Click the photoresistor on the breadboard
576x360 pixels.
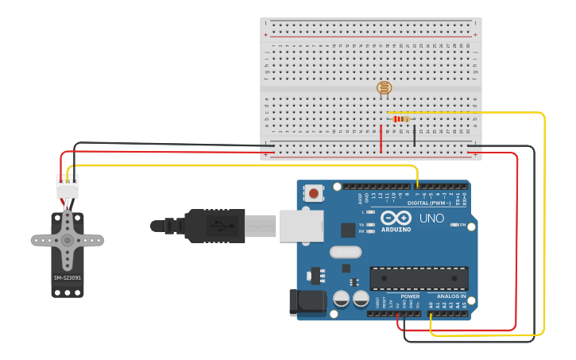[385, 87]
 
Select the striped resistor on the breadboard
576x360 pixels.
[401, 119]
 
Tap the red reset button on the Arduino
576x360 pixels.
[315, 193]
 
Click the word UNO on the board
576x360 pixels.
[431, 219]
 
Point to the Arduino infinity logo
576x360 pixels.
[396, 218]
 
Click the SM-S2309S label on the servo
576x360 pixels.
[68, 277]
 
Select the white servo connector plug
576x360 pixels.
[68, 188]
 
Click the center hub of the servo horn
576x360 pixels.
[68, 239]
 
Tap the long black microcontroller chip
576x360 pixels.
[419, 278]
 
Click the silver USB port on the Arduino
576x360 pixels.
[301, 225]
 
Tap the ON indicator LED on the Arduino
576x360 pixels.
[453, 225]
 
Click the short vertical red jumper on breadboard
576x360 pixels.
[381, 137]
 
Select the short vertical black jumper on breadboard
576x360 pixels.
[414, 135]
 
